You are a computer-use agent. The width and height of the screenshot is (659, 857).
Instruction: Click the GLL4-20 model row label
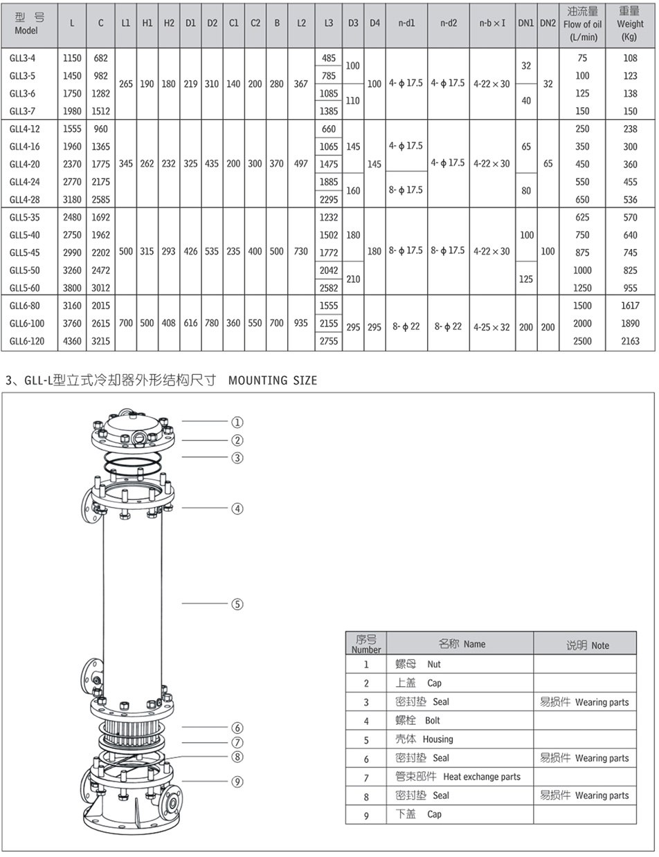(x=25, y=164)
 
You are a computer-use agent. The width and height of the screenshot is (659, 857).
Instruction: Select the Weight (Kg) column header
(x=630, y=24)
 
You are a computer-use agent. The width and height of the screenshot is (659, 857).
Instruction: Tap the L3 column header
(x=329, y=23)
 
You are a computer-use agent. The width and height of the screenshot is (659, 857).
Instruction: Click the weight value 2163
(x=630, y=341)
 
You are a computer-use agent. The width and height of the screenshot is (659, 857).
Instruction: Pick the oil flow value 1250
(x=582, y=288)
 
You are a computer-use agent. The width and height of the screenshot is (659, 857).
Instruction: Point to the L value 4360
(x=72, y=341)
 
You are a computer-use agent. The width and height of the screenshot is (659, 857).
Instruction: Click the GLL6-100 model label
(x=27, y=323)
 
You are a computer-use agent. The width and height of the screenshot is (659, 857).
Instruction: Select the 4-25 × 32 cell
(x=491, y=327)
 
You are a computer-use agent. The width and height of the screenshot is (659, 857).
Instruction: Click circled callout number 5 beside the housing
(x=237, y=604)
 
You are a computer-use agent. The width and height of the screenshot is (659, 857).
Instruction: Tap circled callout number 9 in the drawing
(x=237, y=782)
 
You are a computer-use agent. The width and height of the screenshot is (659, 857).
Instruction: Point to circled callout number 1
(x=237, y=422)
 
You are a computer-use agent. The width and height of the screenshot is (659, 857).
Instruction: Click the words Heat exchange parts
(x=482, y=777)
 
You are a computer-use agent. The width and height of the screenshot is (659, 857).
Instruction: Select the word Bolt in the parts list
(x=432, y=721)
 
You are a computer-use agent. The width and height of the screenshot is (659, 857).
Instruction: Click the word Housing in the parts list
(x=437, y=739)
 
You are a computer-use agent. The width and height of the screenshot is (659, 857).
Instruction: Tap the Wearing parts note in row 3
(x=602, y=702)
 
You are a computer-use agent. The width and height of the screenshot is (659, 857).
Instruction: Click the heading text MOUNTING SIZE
(x=273, y=380)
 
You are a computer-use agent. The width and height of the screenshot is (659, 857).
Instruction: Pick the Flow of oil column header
(x=582, y=24)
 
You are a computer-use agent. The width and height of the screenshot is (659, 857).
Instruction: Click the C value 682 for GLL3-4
(x=101, y=58)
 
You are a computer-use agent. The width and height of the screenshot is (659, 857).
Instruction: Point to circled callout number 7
(x=237, y=742)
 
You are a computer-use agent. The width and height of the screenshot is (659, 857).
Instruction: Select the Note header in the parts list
(x=600, y=645)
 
